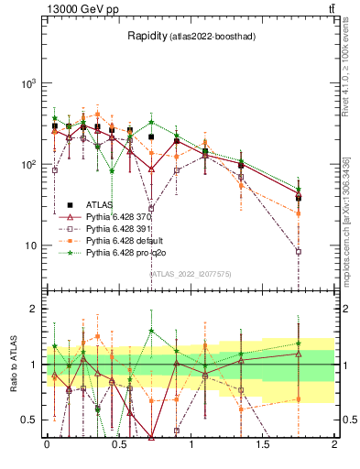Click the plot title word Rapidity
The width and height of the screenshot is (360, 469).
point(147,36)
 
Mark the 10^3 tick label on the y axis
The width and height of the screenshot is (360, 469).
point(29,83)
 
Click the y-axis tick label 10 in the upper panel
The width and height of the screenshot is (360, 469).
point(32,245)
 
